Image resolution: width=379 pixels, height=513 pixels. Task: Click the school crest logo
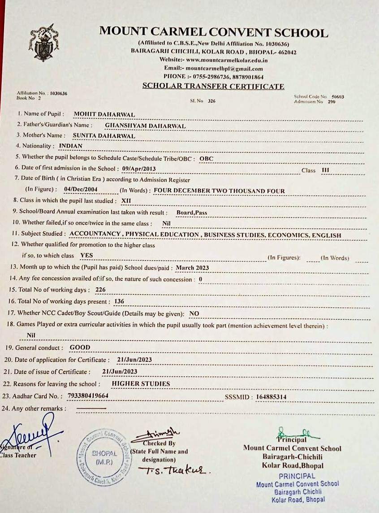click(43, 43)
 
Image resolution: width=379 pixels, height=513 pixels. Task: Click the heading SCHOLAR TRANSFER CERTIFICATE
click(213, 86)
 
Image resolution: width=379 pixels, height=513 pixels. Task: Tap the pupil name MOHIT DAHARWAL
click(104, 114)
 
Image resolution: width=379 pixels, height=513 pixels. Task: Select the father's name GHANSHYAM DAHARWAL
click(145, 126)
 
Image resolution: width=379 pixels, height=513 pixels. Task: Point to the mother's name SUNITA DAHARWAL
click(104, 135)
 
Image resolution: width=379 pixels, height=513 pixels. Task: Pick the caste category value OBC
click(207, 158)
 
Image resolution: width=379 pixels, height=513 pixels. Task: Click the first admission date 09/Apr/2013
click(139, 169)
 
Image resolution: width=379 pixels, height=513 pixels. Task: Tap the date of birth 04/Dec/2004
click(81, 190)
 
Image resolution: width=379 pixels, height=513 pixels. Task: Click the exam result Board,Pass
click(192, 213)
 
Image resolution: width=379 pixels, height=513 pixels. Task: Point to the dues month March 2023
click(193, 268)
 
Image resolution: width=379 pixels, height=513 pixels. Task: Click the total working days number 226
click(100, 290)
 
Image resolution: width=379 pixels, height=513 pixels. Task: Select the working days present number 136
click(119, 301)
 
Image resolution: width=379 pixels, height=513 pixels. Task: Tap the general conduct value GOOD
click(80, 348)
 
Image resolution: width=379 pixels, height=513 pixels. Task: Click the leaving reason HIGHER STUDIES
click(141, 384)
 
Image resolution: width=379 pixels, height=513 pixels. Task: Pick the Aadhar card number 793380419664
click(87, 396)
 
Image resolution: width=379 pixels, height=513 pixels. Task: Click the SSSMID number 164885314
click(271, 397)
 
